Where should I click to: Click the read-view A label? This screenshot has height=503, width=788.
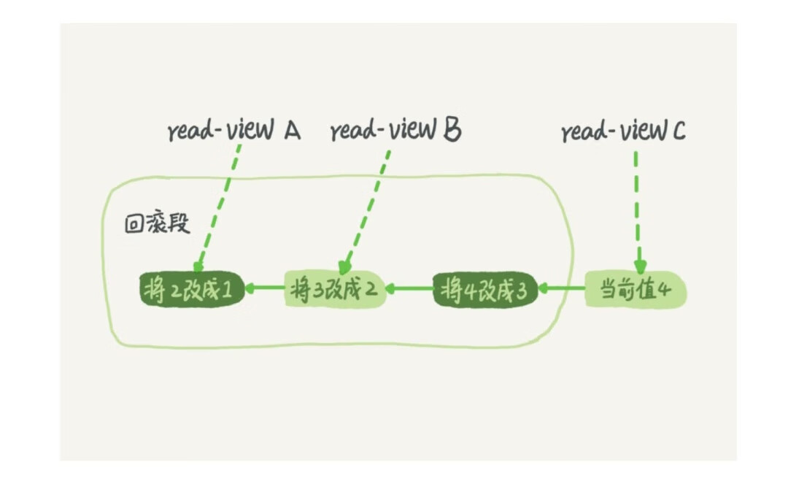pos(233,131)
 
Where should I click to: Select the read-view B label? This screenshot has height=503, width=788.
pos(395,131)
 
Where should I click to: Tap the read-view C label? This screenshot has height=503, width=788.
pos(623,131)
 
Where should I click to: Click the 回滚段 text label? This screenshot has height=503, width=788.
pos(158,223)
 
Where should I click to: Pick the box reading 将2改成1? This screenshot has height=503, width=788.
pos(191,291)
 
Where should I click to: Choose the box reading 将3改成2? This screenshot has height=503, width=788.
pos(335,291)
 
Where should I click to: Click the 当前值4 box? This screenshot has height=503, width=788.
pos(636,291)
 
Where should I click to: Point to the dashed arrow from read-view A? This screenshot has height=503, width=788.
pos(217,208)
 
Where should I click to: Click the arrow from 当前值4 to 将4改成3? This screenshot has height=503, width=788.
pos(562,290)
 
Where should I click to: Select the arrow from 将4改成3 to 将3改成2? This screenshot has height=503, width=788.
pos(409,290)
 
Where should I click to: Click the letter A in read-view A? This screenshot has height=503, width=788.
pos(291,131)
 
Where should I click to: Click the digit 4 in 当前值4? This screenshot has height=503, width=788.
pos(664,291)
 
